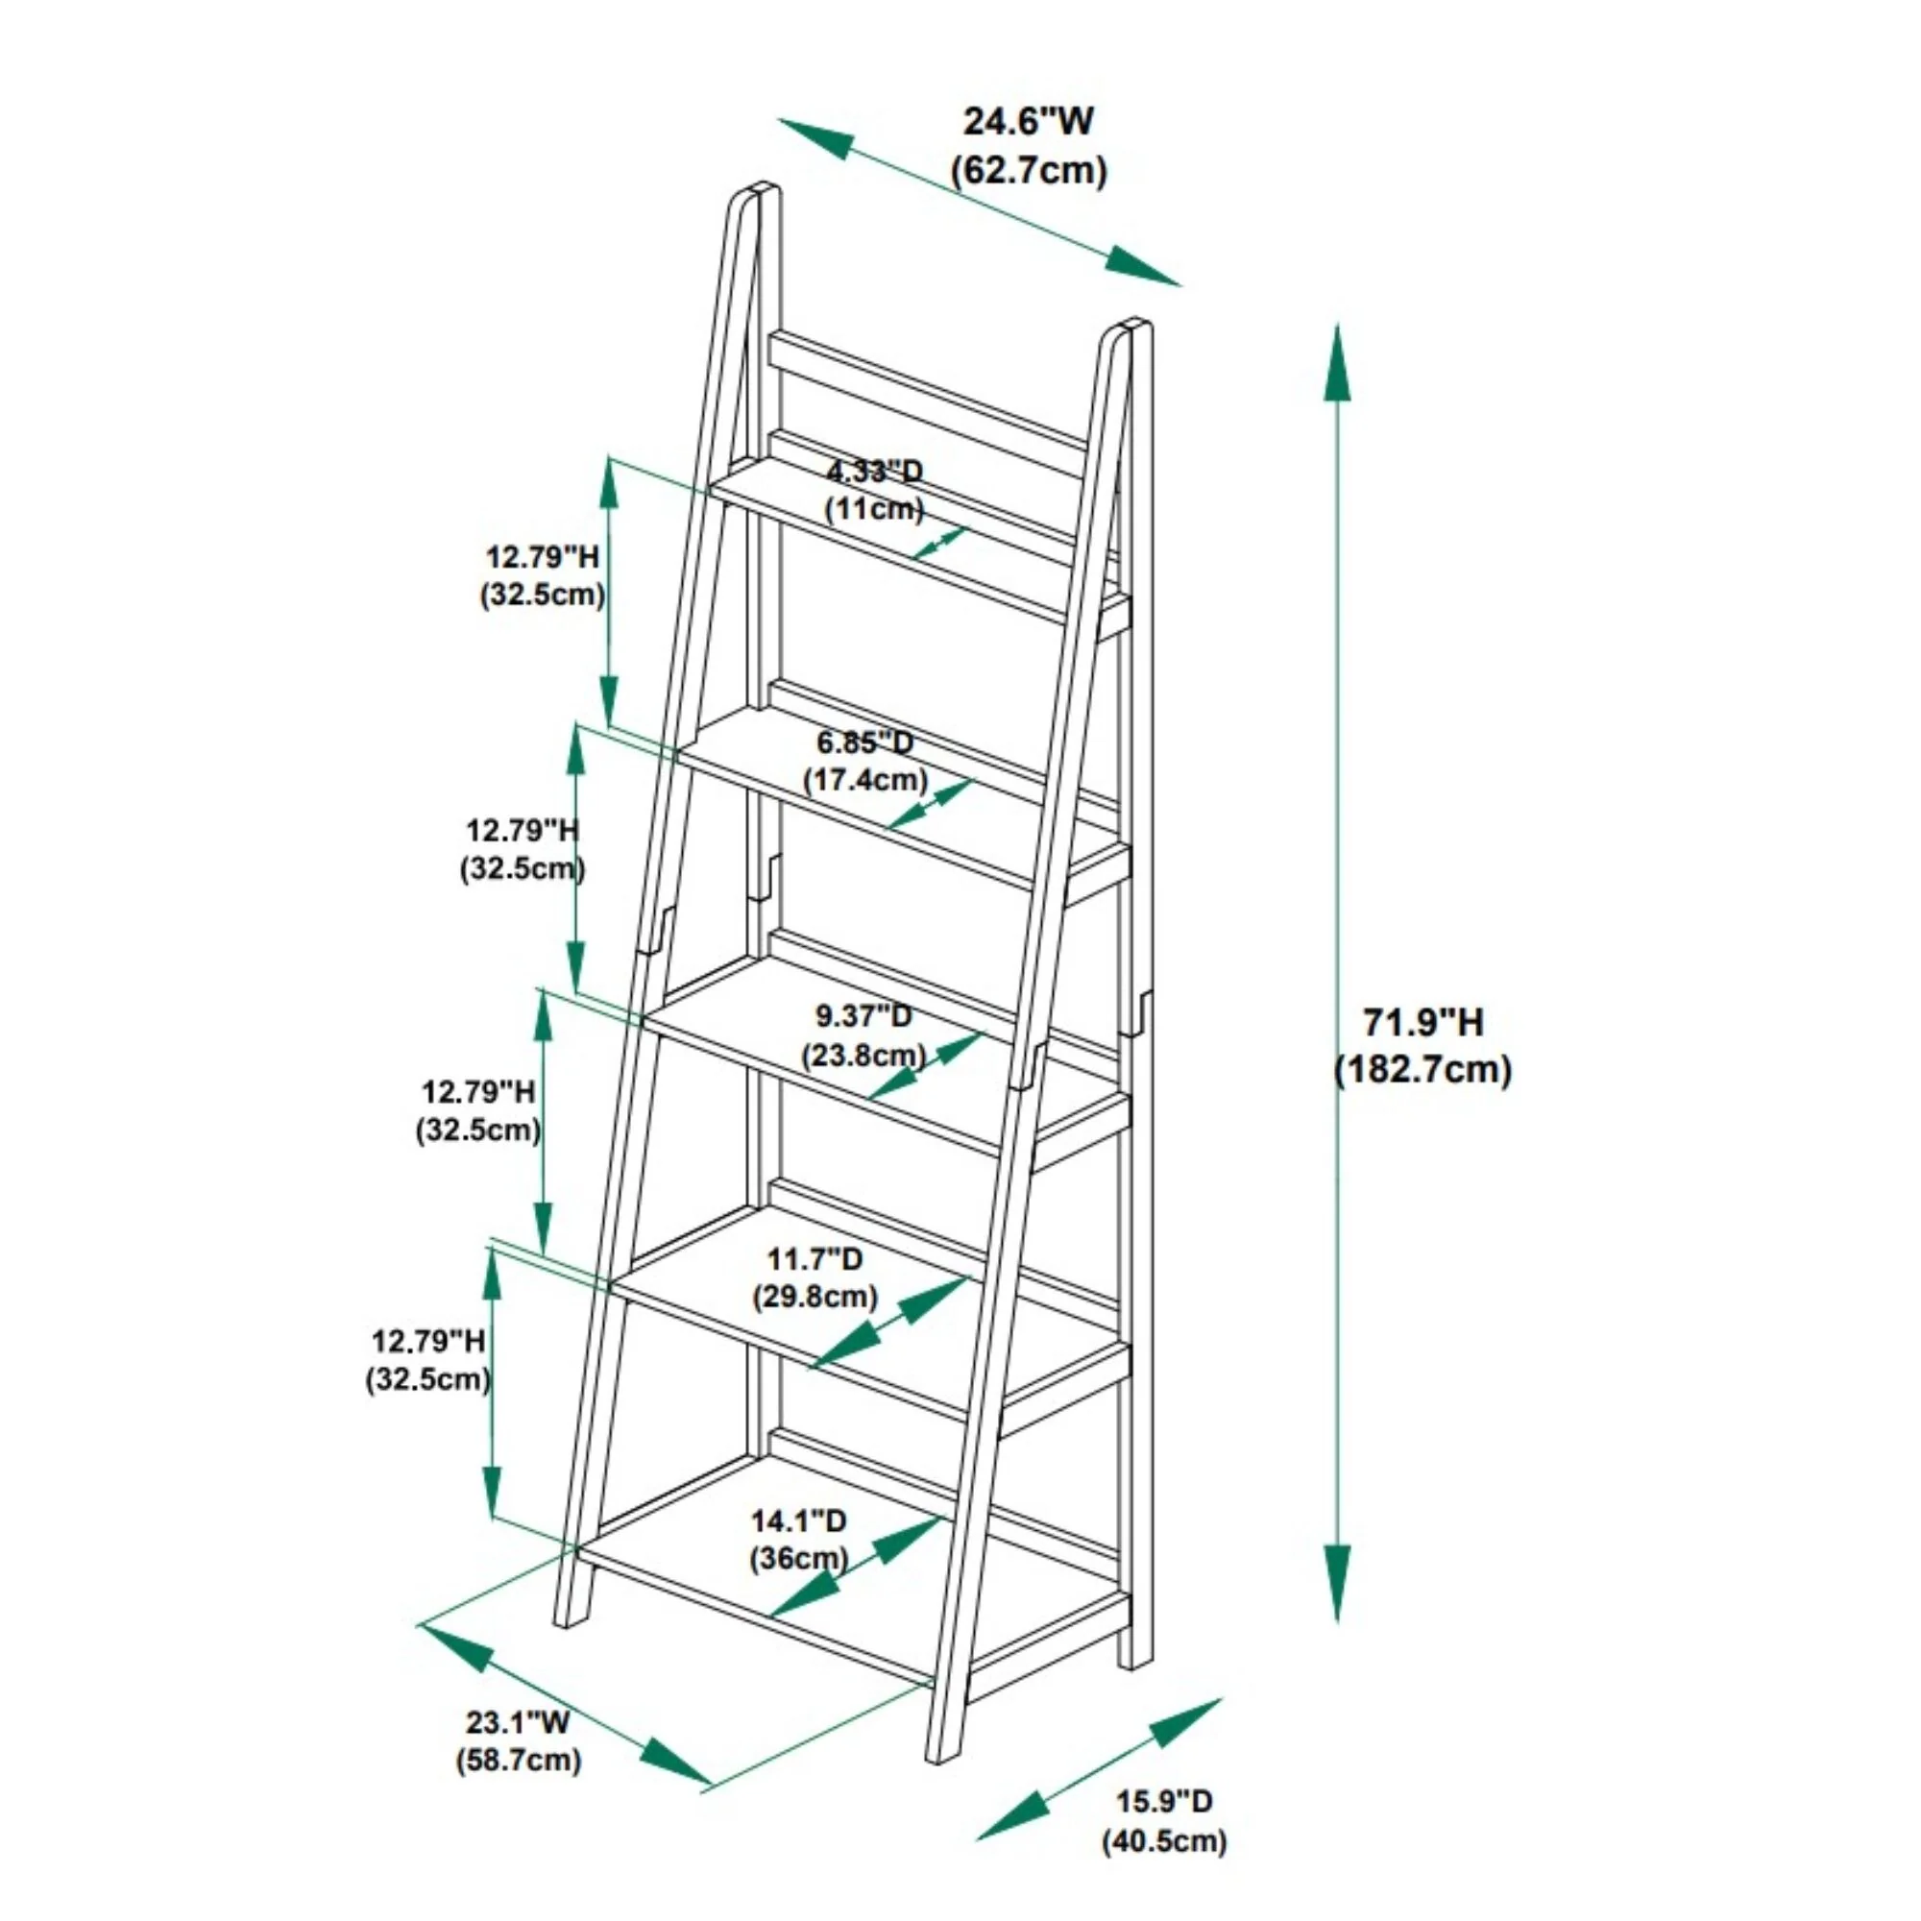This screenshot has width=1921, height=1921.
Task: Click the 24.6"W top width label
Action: pyautogui.click(x=1028, y=122)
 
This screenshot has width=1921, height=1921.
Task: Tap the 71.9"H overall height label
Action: pyautogui.click(x=1423, y=1021)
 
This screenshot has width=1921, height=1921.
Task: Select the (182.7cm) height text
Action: pyautogui.click(x=1423, y=1070)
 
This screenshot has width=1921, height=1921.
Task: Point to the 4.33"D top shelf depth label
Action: pyautogui.click(x=875, y=471)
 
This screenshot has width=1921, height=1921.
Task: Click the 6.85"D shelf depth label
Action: pyautogui.click(x=865, y=742)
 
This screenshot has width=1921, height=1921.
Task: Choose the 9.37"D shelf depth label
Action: pyautogui.click(x=863, y=1016)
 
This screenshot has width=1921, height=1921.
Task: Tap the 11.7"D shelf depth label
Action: pyautogui.click(x=815, y=1259)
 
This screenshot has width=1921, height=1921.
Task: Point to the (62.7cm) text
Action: pyautogui.click(x=1029, y=171)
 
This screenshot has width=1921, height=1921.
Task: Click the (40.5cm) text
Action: pyautogui.click(x=1164, y=1840)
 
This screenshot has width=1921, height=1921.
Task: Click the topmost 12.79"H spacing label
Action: pyautogui.click(x=543, y=557)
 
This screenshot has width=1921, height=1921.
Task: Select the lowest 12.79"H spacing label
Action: pyautogui.click(x=428, y=1341)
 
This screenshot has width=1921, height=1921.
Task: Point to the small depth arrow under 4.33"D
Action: pyautogui.click(x=939, y=543)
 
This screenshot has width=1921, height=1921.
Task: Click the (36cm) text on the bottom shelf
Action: pyautogui.click(x=798, y=1558)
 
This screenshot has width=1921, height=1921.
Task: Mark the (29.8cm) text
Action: pyautogui.click(x=815, y=1297)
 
